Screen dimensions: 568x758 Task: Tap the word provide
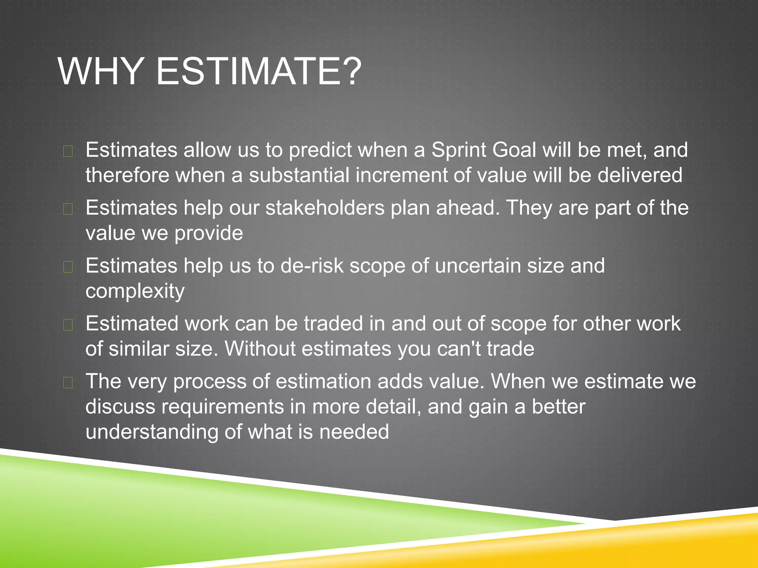pos(209,233)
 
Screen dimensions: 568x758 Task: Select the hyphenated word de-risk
pos(312,266)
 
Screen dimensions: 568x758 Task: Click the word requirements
pos(223,407)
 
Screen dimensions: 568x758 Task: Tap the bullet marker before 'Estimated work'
pos(68,325)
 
